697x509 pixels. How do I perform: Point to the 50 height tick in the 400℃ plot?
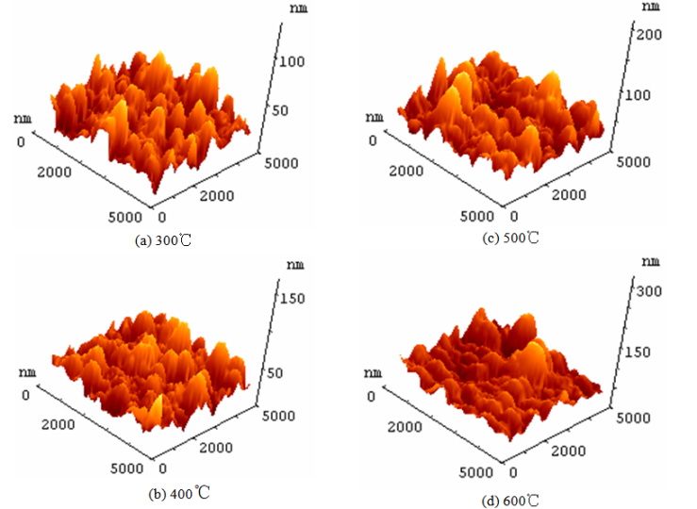coord(290,373)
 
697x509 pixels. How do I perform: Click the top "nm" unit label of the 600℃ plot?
coord(650,261)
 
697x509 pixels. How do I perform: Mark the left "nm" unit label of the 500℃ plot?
coord(375,117)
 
